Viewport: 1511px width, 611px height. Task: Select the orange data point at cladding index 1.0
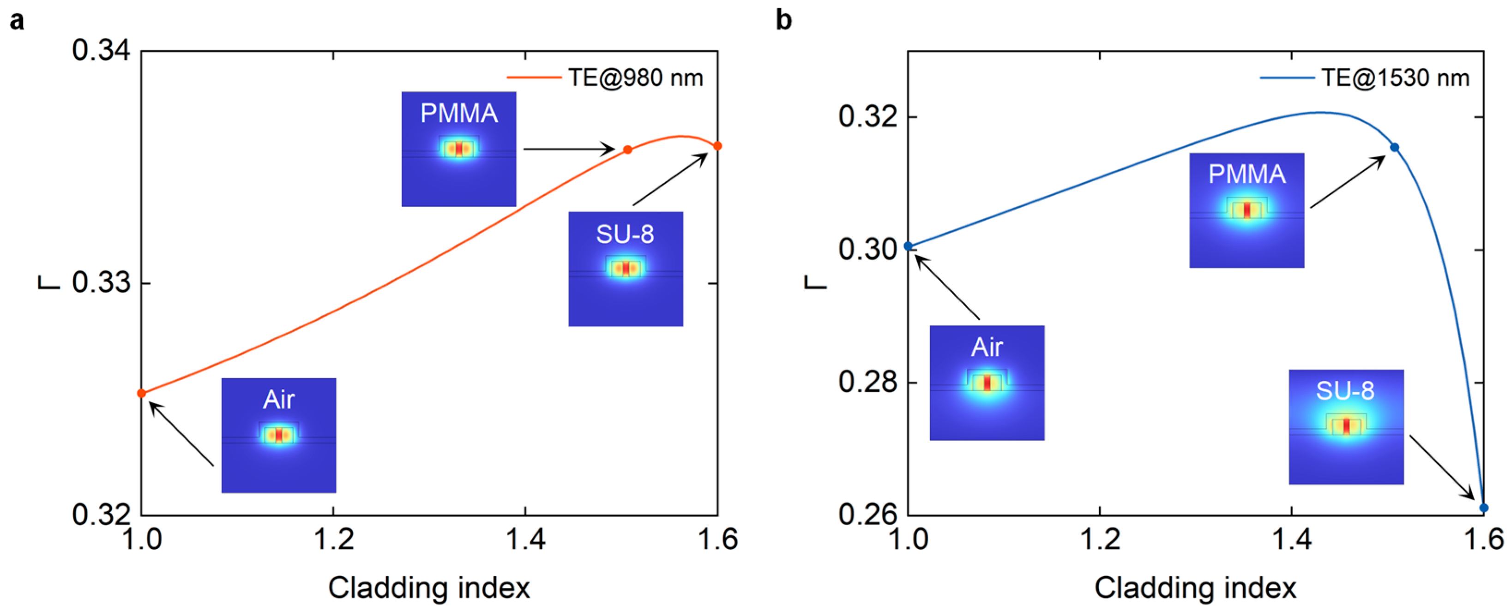click(141, 393)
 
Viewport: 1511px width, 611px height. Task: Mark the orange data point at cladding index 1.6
click(717, 145)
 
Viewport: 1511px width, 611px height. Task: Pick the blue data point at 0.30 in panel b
click(909, 246)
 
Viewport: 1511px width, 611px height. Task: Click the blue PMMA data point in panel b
click(1395, 147)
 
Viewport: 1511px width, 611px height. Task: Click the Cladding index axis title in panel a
click(429, 588)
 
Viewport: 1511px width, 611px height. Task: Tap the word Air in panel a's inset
click(279, 400)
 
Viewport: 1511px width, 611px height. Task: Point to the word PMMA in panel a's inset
click(459, 113)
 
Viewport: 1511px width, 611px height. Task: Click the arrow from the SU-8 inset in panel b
click(1442, 467)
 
